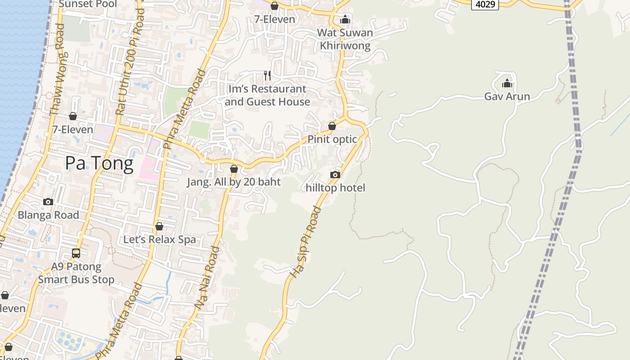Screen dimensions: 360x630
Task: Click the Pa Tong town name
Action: tap(99, 163)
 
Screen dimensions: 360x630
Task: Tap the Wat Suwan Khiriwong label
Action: tap(345, 39)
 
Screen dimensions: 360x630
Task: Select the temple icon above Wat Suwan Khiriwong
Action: tap(345, 19)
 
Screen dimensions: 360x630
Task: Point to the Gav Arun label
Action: tap(507, 96)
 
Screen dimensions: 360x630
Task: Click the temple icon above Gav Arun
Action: tap(507, 83)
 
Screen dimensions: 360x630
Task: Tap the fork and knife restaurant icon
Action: tap(267, 75)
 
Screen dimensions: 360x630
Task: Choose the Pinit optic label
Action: tap(332, 139)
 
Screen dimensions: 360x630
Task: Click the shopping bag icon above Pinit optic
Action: tap(332, 126)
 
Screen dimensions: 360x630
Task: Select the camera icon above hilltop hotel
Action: tap(335, 175)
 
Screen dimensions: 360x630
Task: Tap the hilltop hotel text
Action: tap(335, 188)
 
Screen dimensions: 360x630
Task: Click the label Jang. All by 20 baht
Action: tap(234, 182)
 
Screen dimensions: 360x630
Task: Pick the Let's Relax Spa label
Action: tap(160, 239)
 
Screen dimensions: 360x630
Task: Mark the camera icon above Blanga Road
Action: tap(48, 202)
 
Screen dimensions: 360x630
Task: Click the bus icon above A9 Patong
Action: tap(76, 253)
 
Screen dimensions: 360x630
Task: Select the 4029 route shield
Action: tap(485, 4)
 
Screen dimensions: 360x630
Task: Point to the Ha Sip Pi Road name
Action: tap(306, 242)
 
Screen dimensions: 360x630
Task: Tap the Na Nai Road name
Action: tap(207, 277)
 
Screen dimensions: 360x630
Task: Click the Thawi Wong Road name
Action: tap(57, 70)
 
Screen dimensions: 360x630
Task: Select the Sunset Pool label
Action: tap(88, 4)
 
